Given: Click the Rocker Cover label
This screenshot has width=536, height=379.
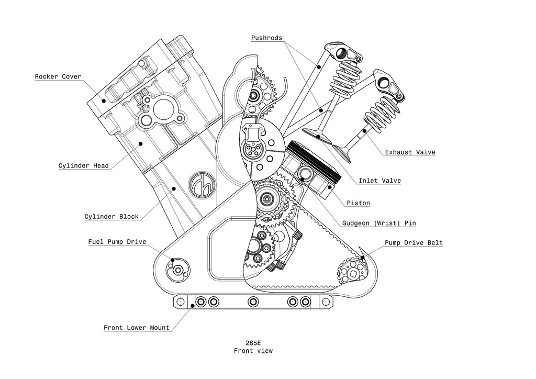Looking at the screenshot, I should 58,76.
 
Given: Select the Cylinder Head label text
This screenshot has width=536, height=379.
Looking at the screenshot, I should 84,166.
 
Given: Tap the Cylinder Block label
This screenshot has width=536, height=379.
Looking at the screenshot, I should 111,216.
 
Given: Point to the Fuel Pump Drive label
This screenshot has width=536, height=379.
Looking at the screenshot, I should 117,242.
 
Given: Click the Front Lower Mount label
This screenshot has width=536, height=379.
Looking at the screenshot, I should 136,328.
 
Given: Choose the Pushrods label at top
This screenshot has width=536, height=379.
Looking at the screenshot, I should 266,38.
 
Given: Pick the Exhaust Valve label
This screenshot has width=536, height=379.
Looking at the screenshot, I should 410,152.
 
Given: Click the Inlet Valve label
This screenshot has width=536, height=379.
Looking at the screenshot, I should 379,181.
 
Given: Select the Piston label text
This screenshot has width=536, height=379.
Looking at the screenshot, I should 358,203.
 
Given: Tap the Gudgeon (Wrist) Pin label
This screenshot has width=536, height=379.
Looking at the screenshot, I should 379,223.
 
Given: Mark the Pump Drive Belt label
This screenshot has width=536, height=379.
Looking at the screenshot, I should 414,243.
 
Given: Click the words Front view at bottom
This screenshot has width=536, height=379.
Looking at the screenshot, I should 253,351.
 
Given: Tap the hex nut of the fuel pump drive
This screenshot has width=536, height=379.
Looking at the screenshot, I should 178,270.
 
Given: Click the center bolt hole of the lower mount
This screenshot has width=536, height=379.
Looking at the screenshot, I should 253,302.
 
